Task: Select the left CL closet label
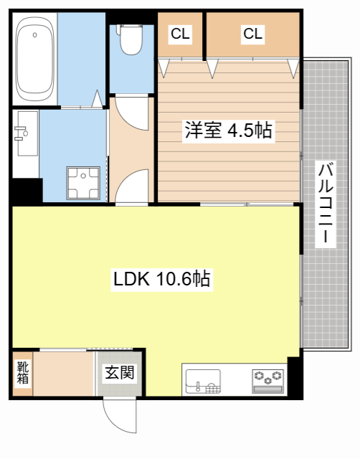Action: pyautogui.click(x=179, y=33)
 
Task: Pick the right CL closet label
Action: pyautogui.click(x=252, y=33)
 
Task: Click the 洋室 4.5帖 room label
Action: pyautogui.click(x=228, y=131)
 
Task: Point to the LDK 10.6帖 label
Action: pyautogui.click(x=162, y=279)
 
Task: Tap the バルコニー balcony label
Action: pyautogui.click(x=326, y=204)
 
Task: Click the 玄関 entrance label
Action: pyautogui.click(x=120, y=373)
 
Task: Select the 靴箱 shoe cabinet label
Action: pyautogui.click(x=22, y=373)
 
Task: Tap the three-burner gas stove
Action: pyautogui.click(x=269, y=379)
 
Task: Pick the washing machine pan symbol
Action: pyautogui.click(x=85, y=183)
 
